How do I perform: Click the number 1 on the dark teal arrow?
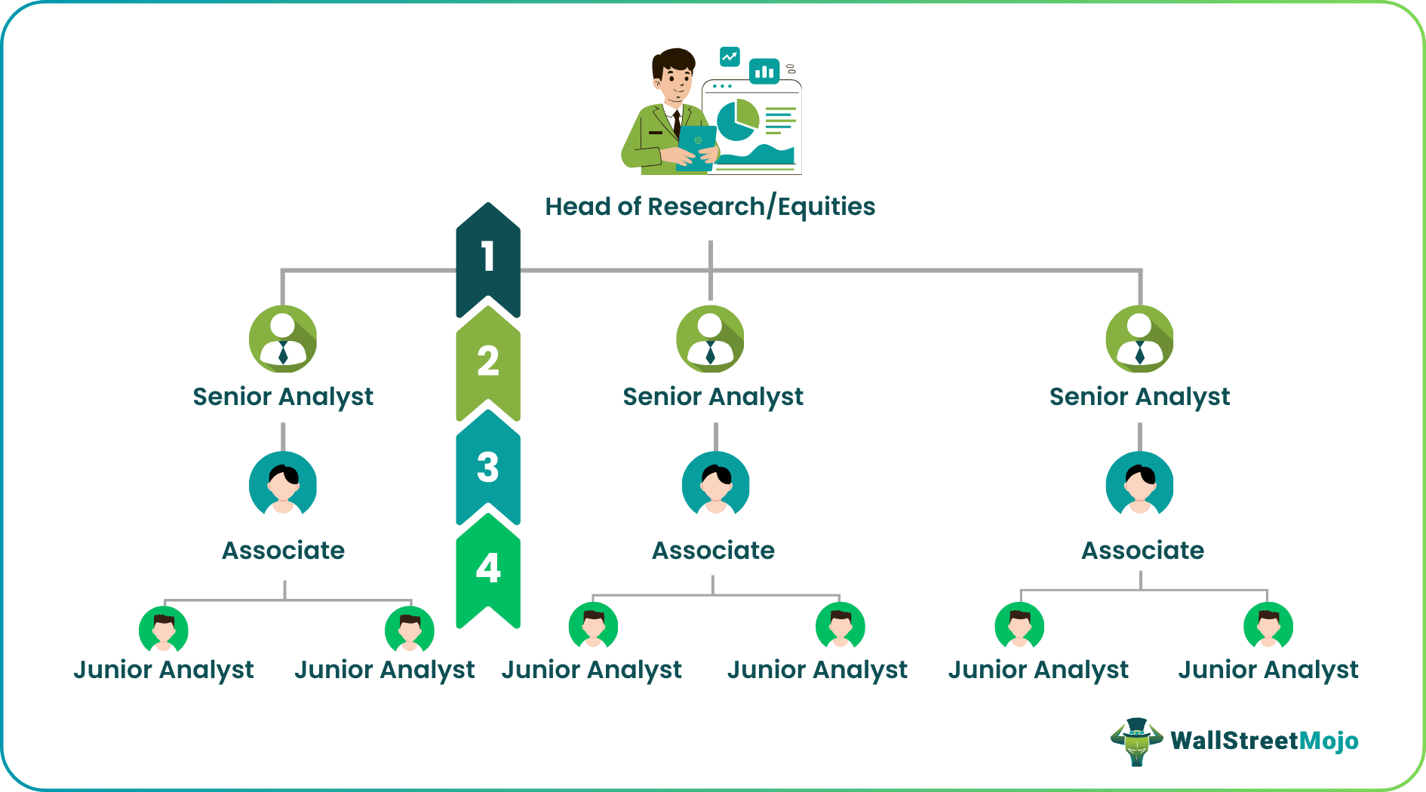click(488, 256)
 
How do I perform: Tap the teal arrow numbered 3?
click(488, 467)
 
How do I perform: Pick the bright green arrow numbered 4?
click(488, 569)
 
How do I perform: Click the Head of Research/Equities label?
click(710, 207)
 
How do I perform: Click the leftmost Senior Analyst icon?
click(283, 339)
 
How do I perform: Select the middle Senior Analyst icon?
click(710, 339)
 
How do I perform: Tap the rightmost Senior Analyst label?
click(1139, 397)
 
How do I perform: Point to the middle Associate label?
click(713, 551)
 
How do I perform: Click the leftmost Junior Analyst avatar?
click(164, 628)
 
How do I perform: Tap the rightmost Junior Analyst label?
click(1268, 670)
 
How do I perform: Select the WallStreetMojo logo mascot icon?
click(1136, 741)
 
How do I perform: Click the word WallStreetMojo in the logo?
click(1265, 741)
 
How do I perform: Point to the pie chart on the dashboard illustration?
click(737, 120)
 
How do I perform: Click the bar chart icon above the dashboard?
click(764, 72)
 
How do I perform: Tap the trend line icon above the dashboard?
click(730, 57)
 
